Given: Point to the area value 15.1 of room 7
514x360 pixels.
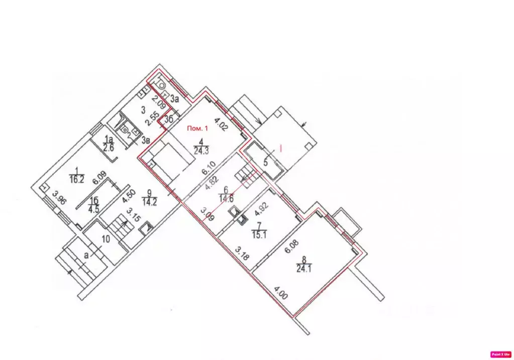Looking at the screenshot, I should (x=258, y=233).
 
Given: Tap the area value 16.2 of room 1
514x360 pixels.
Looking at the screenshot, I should (x=76, y=176).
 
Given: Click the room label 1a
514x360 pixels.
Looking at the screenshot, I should (x=108, y=139).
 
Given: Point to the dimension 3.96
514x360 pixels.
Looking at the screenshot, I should (x=60, y=200).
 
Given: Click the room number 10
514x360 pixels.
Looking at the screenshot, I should (x=105, y=238).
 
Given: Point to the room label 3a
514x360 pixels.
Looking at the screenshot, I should (x=174, y=99).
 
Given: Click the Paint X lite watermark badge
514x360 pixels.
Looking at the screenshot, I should (x=500, y=353).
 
